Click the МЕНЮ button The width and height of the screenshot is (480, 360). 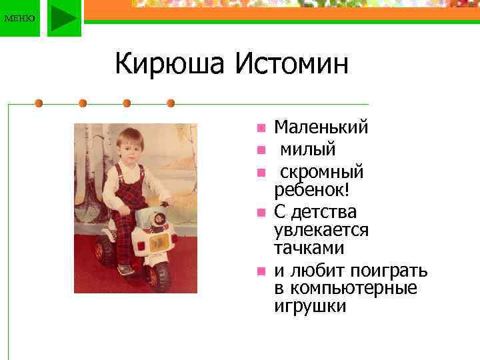pos(19,18)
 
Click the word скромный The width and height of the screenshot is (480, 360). pos(321,172)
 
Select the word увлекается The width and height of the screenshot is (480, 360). pos(321,230)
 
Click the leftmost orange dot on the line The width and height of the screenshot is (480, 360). pos(39,103)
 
